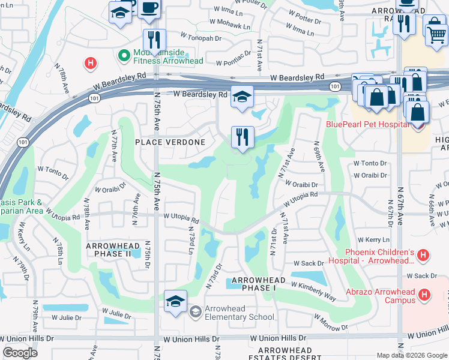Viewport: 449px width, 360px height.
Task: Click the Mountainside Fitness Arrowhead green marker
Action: point(124,56)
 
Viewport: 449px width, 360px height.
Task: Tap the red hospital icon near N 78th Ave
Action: point(90,62)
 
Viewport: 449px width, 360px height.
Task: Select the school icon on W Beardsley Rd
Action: point(242,97)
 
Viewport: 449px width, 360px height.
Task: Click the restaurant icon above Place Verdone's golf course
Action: point(243,137)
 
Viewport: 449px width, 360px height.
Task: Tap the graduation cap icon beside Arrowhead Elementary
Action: point(175,302)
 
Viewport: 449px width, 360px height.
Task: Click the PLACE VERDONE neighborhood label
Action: point(170,142)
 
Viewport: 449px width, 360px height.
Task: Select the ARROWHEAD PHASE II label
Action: point(117,250)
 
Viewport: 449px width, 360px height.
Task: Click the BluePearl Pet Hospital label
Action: point(367,125)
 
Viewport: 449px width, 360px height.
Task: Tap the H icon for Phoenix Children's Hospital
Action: point(423,256)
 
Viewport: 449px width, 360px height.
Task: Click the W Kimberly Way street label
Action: point(314,292)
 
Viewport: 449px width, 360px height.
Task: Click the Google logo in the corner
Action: point(20,353)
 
